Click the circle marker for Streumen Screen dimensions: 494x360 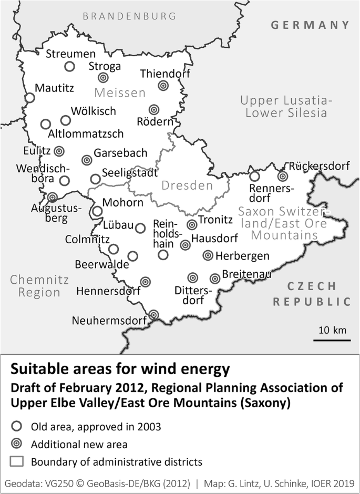pyautogui.click(x=69, y=66)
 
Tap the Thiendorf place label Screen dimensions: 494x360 pyautogui.click(x=165, y=74)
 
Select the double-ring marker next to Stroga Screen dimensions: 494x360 pyautogui.click(x=104, y=78)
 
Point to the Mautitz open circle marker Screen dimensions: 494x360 pyautogui.click(x=30, y=98)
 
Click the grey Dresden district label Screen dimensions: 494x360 pyautogui.click(x=187, y=186)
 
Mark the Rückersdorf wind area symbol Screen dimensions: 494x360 pyautogui.click(x=283, y=177)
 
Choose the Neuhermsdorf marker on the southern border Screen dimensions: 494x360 pyautogui.click(x=153, y=314)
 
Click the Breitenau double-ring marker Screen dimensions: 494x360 pyautogui.click(x=214, y=279)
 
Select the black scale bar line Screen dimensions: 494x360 pyautogui.click(x=332, y=341)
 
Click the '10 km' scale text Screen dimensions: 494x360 pyautogui.click(x=333, y=330)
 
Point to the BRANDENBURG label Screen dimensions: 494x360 pyautogui.click(x=129, y=16)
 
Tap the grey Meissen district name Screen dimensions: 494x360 pyautogui.click(x=119, y=93)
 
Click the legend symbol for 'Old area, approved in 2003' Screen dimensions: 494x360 pyautogui.click(x=17, y=426)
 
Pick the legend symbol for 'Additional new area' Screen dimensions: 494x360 pyautogui.click(x=17, y=444)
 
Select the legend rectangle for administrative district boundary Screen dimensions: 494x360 pyautogui.click(x=17, y=462)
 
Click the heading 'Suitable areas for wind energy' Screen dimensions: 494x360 pyautogui.click(x=120, y=369)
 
